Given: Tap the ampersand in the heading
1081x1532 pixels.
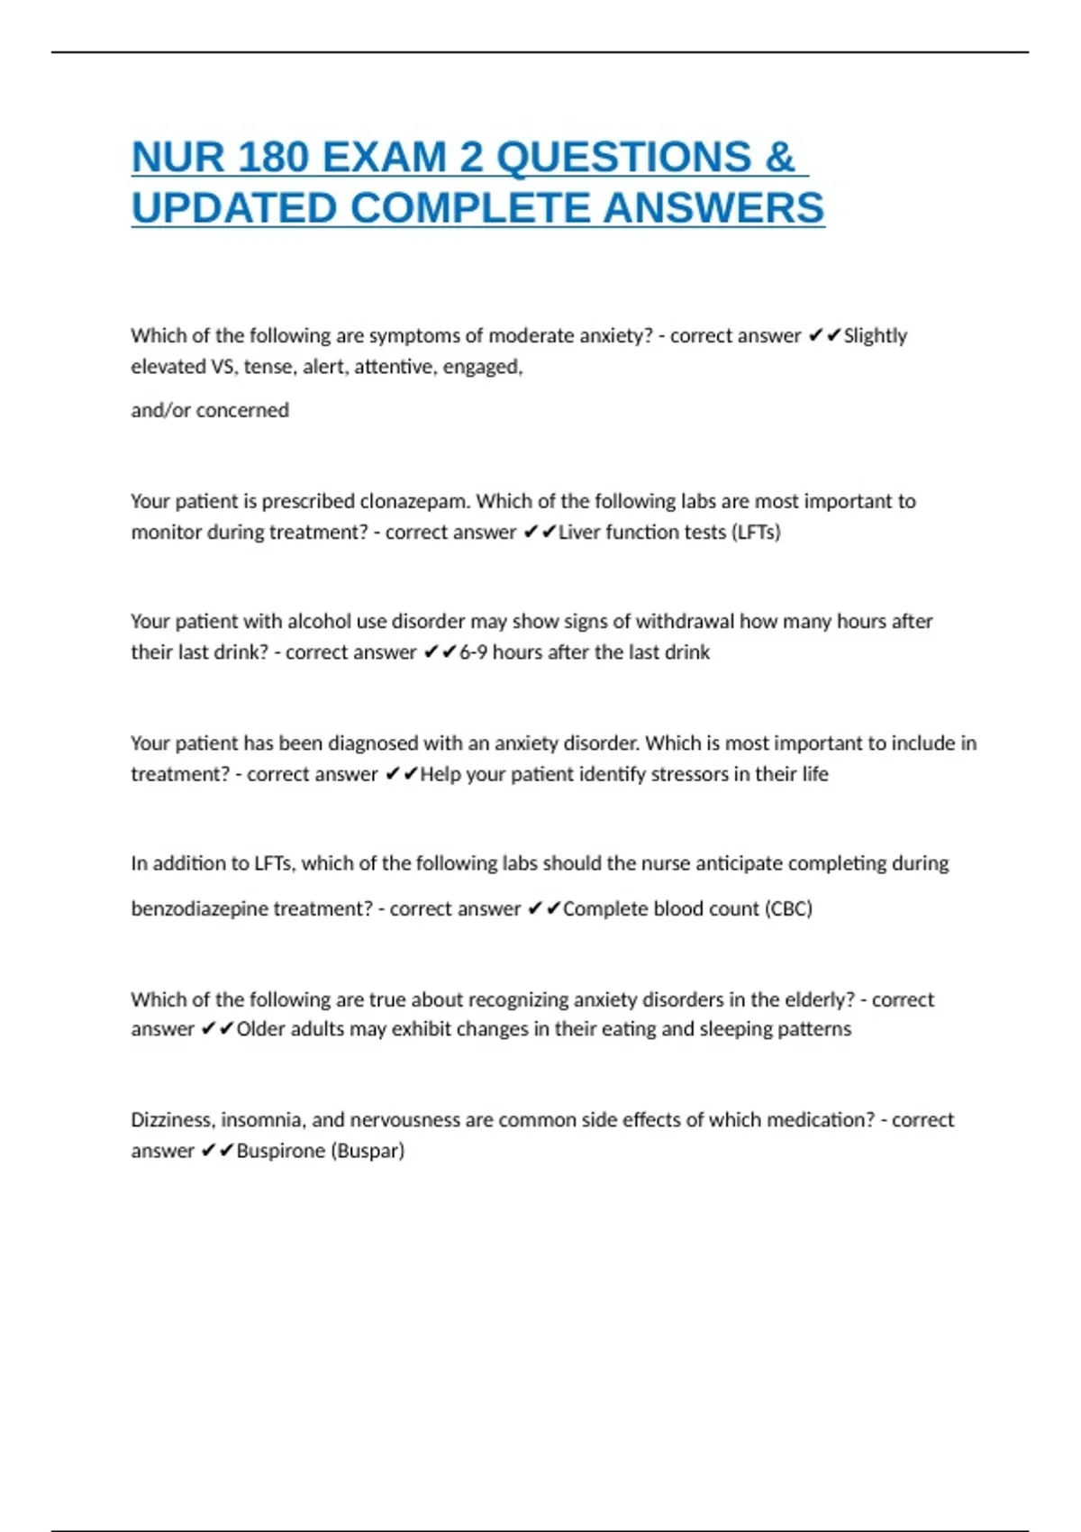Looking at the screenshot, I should tap(780, 158).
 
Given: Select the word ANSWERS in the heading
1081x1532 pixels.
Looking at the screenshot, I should tap(713, 208).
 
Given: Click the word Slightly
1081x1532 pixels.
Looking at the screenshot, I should tap(875, 336).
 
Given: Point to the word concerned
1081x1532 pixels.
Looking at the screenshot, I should tap(242, 411).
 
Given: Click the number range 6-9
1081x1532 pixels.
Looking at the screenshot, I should tap(474, 652).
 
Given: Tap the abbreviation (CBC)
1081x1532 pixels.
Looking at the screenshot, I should tap(788, 909).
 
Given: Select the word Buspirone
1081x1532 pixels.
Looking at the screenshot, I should tap(280, 1151).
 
